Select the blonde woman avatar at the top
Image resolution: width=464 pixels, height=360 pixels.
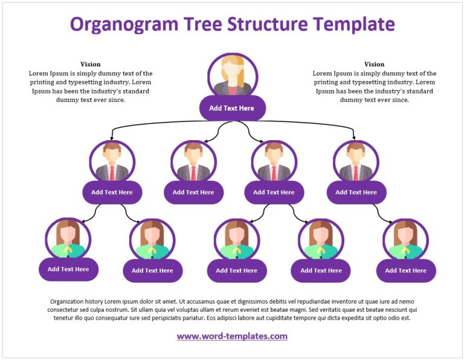coord(233,76)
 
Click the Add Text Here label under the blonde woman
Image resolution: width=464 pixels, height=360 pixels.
coord(232,108)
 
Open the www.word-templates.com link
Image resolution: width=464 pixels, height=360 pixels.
coord(232,336)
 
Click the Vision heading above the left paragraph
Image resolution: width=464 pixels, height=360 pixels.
coord(91,64)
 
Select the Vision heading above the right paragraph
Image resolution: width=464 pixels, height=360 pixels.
coord(374,64)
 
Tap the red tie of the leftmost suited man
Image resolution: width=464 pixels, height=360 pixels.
coord(112,173)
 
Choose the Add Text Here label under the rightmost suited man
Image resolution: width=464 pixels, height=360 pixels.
coord(356,192)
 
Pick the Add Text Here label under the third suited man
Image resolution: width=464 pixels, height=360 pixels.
coord(274,192)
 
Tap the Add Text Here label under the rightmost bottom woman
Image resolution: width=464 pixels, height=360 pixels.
coord(405,271)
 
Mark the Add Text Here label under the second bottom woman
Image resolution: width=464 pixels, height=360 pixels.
coord(152,271)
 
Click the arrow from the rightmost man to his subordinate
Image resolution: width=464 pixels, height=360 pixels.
coord(381,213)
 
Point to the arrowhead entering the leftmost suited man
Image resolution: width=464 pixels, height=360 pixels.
coord(112,138)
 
